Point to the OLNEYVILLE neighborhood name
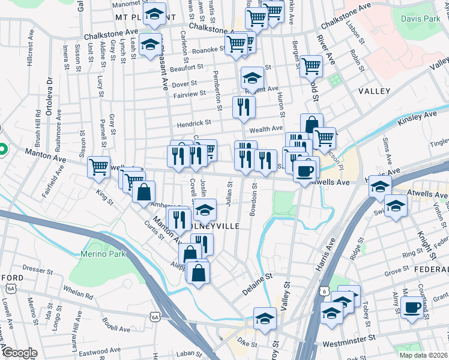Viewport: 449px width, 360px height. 218,226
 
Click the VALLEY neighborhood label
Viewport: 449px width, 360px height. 374,91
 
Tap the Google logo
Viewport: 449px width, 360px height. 19,353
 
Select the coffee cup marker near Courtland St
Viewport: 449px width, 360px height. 412,307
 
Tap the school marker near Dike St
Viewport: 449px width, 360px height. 265,318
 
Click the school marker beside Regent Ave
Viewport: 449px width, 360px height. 252,77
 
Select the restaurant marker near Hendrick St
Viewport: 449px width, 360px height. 244,107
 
